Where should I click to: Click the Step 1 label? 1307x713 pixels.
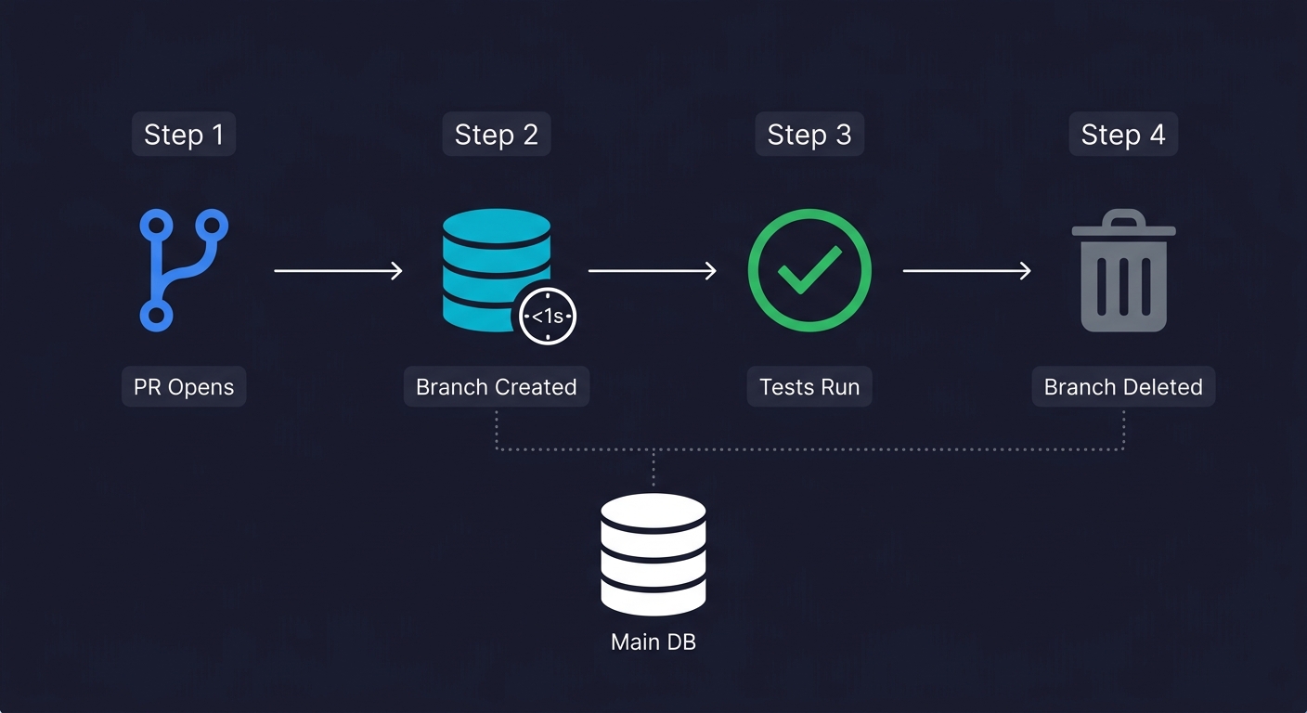[184, 135]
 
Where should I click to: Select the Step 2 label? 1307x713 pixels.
[497, 135]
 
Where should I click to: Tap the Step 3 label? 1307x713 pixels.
[809, 135]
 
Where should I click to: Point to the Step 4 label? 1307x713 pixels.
[1123, 135]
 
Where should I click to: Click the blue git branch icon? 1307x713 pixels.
[184, 270]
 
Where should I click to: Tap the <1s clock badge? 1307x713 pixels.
[548, 317]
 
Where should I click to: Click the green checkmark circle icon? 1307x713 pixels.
[809, 270]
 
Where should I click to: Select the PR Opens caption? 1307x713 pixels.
[184, 386]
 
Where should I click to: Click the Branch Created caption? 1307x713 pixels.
[497, 386]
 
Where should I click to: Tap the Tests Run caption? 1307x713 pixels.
[809, 386]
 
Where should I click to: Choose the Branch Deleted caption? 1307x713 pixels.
[1123, 386]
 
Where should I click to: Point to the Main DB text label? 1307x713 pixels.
[653, 642]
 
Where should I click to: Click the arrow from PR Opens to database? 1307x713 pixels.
[339, 270]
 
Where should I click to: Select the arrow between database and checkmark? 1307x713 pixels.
[653, 270]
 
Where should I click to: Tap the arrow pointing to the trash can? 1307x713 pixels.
[966, 270]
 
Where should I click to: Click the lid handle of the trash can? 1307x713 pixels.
[1123, 219]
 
